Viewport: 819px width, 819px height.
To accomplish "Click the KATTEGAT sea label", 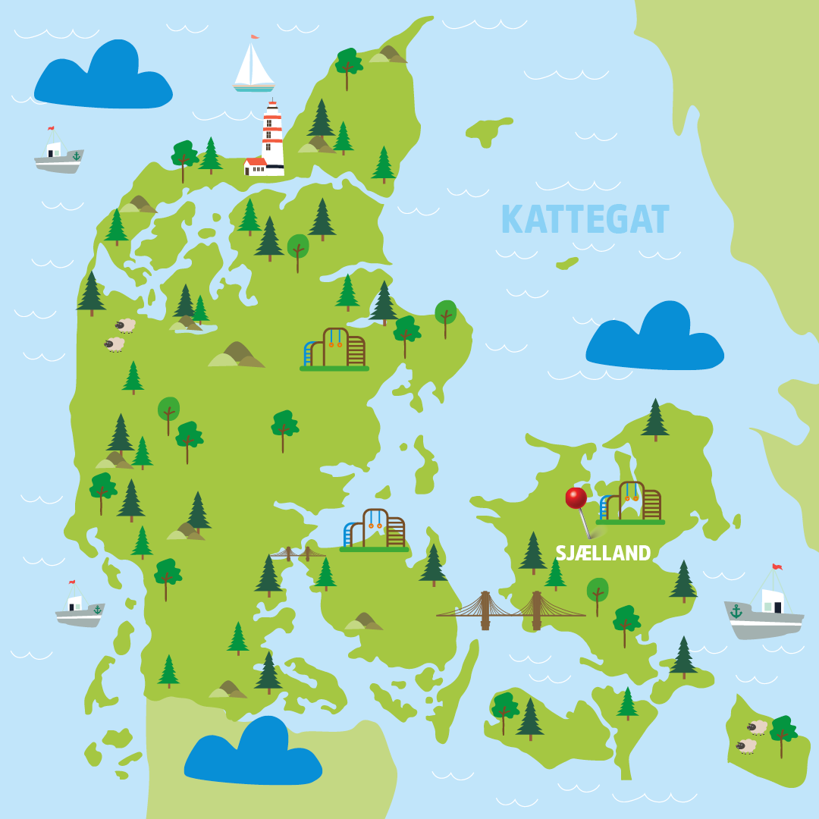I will coord(585,220).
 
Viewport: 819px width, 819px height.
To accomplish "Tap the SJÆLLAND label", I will coord(603,554).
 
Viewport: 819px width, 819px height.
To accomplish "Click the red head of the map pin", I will coord(576,497).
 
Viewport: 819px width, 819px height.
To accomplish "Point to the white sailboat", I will coord(253,67).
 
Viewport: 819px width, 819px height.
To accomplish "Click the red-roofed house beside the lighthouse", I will coord(255,165).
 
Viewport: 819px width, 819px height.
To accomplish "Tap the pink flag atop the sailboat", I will coord(255,36).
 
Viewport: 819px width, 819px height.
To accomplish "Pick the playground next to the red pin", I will coord(631,503).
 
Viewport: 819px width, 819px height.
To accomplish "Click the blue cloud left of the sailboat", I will coord(102,76).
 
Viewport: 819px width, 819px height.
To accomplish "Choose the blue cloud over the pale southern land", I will coord(253,753).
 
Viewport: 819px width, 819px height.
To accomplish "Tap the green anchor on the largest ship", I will coord(736,610).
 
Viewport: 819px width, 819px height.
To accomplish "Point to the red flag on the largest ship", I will coord(777,567).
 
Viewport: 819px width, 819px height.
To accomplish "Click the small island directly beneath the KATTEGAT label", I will coord(566,263).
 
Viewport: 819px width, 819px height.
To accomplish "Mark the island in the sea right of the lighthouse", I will coord(488,131).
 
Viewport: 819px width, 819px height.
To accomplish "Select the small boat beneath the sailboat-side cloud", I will coord(58,153).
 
